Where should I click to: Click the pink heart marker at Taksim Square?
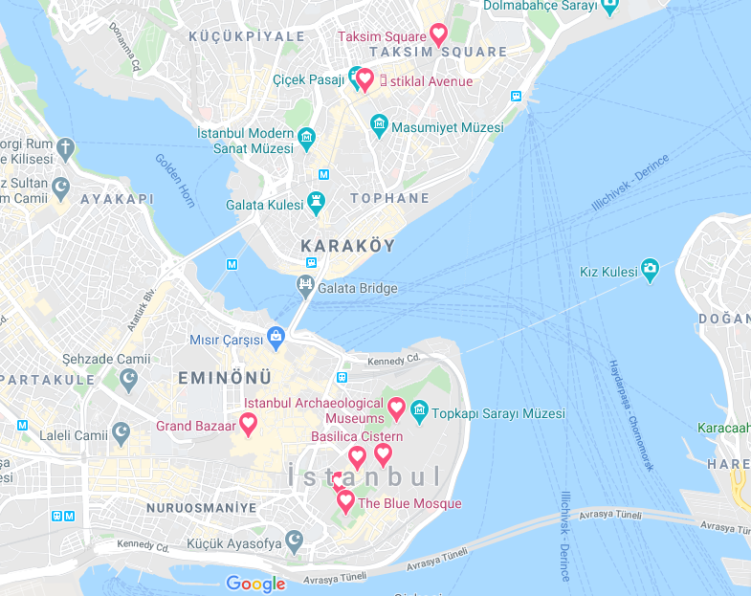(x=438, y=34)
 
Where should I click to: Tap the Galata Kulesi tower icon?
(x=315, y=202)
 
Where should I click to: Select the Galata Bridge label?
(x=358, y=288)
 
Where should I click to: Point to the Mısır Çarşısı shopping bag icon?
(x=276, y=336)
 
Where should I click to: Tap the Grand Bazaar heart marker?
(x=248, y=423)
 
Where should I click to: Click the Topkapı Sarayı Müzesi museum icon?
(x=418, y=412)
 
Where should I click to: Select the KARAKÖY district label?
(x=347, y=246)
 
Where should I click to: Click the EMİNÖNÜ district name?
(x=225, y=378)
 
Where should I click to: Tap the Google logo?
(x=255, y=584)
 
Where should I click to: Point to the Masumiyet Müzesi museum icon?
(x=380, y=126)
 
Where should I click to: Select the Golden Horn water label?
(x=175, y=180)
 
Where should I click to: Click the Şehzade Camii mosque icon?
(x=129, y=380)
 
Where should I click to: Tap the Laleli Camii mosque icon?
(x=121, y=433)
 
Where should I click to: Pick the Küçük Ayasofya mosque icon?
(x=296, y=542)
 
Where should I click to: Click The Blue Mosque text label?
(x=409, y=503)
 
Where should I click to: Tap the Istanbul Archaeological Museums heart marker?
(x=396, y=408)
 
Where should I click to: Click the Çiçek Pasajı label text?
(x=308, y=80)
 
